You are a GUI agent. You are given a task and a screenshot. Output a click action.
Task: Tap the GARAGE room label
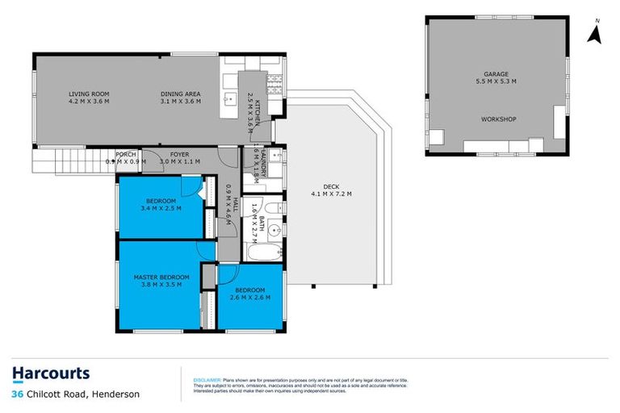pos(495,73)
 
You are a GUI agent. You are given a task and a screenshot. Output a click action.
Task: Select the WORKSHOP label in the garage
pos(498,119)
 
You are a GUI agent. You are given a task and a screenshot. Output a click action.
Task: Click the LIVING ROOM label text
pos(87,94)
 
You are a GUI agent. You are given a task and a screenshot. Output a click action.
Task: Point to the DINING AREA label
pos(180,94)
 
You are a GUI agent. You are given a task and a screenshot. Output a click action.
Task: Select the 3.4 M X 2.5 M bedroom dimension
pos(161,208)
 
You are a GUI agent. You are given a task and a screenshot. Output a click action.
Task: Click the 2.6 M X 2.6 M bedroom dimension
pos(249,298)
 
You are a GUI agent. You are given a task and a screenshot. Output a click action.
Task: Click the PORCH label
pos(125,153)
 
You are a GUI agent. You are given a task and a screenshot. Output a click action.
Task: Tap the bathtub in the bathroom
pos(262,252)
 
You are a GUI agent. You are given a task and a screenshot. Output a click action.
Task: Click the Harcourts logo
pos(51,373)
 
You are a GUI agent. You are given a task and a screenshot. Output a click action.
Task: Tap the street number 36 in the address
pos(17,394)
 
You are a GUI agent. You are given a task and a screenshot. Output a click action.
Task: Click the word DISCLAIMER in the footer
pos(206,379)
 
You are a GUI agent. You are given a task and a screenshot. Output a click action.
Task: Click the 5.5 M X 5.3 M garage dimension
pos(495,81)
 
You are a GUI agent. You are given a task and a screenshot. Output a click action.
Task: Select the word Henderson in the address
pos(115,394)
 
